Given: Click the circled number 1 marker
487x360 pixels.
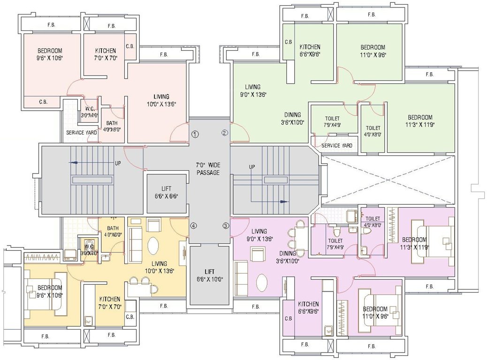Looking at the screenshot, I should click(x=195, y=134).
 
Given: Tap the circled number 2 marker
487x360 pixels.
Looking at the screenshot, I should click(x=225, y=133).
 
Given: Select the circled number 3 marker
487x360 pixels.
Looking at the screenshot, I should click(x=226, y=226).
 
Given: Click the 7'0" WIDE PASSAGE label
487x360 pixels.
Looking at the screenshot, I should click(x=207, y=169).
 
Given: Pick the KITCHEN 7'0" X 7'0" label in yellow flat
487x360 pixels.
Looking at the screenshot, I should click(x=110, y=302).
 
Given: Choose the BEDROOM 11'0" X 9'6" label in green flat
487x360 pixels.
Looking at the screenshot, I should click(x=373, y=51).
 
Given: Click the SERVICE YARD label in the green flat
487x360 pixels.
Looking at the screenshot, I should click(x=336, y=146).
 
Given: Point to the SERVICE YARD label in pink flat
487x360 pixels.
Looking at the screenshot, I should click(x=81, y=133).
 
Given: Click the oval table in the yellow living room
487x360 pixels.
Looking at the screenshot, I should click(x=153, y=246).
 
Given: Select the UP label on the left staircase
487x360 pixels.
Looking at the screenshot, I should click(x=117, y=163).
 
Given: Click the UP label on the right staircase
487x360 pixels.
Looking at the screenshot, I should click(x=252, y=166).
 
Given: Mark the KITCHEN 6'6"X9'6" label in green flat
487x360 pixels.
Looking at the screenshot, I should click(x=310, y=50).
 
